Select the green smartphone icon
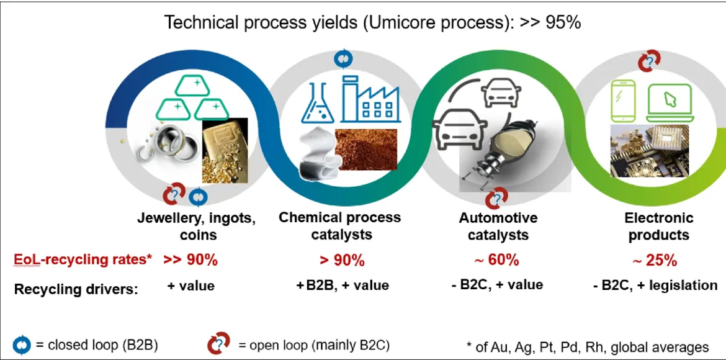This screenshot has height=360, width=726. pos(622,101)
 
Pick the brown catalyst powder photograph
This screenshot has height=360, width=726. pos(365,149)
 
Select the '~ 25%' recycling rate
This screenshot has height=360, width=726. pos(655,261)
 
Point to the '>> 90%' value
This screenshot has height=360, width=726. pos(190,260)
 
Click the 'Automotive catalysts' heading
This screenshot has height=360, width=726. pos(498,226)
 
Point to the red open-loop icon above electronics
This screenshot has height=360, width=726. pos(650,61)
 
